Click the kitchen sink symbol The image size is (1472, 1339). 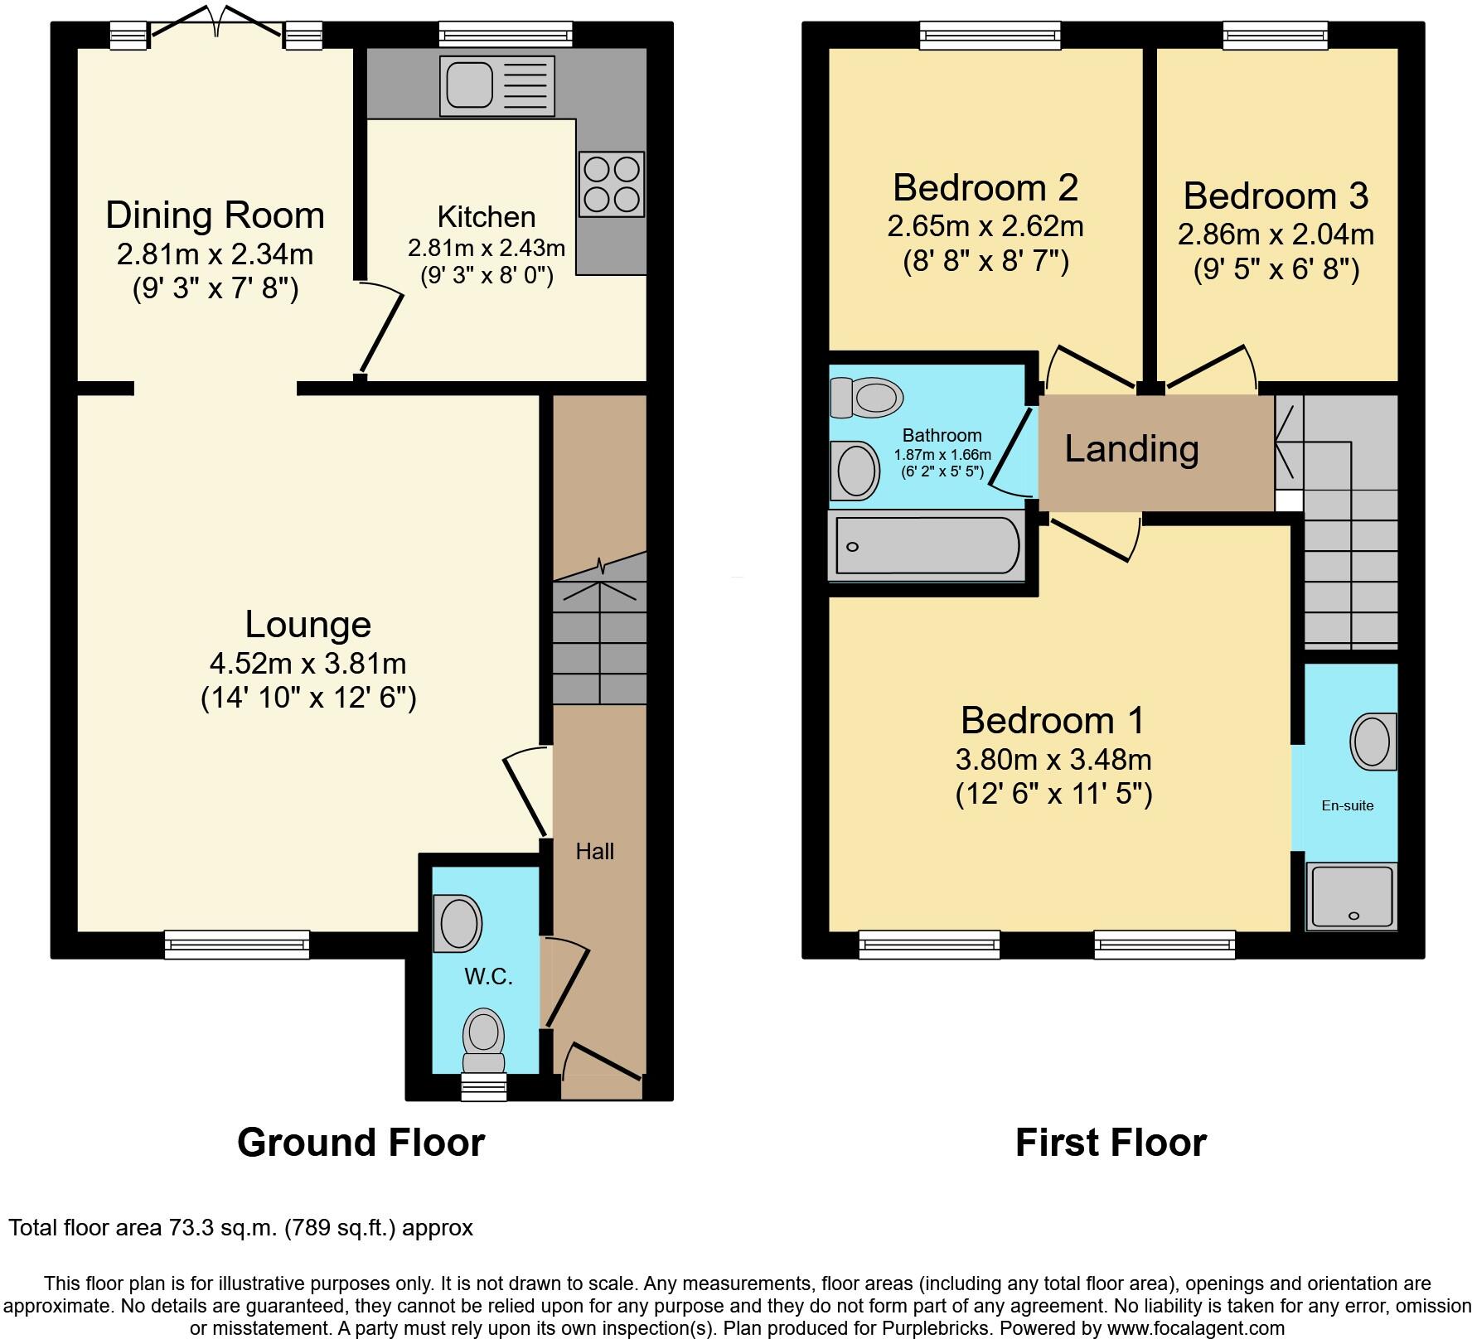[x=498, y=85]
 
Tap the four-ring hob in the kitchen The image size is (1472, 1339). [x=612, y=184]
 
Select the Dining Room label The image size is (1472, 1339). [x=215, y=215]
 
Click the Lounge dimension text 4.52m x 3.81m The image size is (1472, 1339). [x=307, y=664]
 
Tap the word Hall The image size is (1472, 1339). [x=594, y=851]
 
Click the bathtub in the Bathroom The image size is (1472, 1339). [x=927, y=545]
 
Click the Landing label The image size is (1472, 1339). [x=1131, y=449]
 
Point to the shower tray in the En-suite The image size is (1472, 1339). [x=1352, y=897]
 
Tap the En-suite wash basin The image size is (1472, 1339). [x=1373, y=740]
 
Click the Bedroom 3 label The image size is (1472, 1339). [x=1275, y=196]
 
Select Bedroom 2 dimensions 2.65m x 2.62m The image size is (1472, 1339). [x=985, y=226]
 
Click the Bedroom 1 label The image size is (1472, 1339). [x=1053, y=720]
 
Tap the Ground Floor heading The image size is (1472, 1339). [x=361, y=1143]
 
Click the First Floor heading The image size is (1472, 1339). [x=1111, y=1143]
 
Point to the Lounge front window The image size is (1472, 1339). [x=236, y=944]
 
